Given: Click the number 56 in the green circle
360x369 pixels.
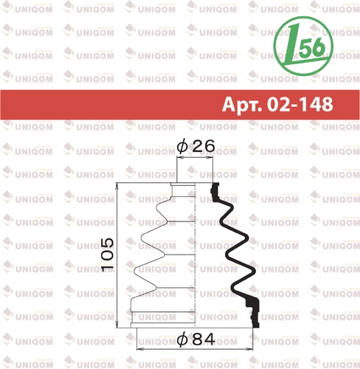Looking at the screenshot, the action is coord(312,47).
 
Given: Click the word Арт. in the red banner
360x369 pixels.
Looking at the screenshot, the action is coord(242,105).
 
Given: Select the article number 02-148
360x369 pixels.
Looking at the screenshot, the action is coord(300,104).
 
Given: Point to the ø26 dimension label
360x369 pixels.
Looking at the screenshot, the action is coord(195,146).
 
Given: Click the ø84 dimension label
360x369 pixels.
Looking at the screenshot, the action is coord(196,339).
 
